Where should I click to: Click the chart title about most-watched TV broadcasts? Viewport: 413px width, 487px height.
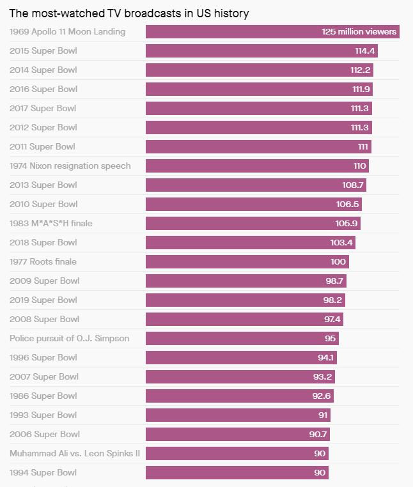(129, 13)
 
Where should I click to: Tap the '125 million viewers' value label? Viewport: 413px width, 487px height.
(359, 32)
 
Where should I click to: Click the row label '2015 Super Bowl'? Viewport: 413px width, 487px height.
(43, 50)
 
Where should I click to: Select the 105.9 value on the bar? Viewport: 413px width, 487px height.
(347, 224)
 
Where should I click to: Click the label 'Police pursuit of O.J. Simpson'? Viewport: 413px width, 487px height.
(69, 338)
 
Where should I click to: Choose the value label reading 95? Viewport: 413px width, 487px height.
(330, 339)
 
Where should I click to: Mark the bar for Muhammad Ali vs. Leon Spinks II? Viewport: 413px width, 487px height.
(230, 454)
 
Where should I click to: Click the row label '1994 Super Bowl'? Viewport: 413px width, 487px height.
(43, 472)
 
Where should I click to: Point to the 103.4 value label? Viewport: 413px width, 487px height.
(342, 243)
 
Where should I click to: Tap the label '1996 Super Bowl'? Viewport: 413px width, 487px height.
(43, 357)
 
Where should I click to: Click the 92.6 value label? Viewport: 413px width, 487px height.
(322, 396)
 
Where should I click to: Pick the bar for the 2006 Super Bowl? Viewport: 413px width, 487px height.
(230, 435)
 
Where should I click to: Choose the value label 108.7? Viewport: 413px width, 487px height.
(353, 185)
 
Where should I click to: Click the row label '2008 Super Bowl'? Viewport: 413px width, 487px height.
(44, 319)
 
